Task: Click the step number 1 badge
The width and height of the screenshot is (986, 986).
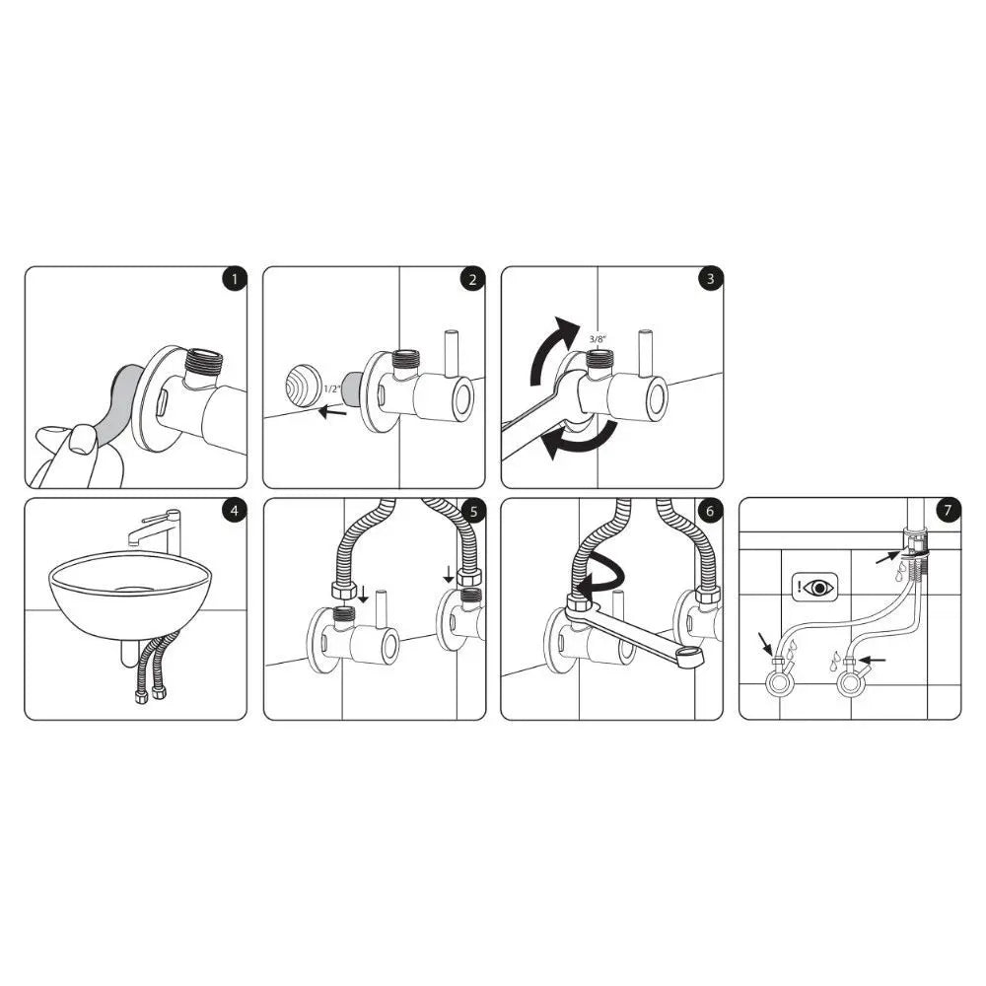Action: (x=234, y=279)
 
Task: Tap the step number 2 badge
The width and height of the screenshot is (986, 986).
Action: (x=472, y=279)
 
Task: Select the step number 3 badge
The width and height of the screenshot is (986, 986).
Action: (x=710, y=279)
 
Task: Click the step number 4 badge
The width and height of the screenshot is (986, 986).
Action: (x=234, y=511)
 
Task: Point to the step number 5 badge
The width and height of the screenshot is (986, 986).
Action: (x=472, y=511)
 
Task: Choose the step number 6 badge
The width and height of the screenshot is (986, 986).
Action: (x=710, y=511)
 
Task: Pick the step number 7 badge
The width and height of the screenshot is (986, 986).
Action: (x=948, y=511)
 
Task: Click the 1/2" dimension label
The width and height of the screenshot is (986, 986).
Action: (x=333, y=389)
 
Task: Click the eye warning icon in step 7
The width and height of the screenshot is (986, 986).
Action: (x=815, y=588)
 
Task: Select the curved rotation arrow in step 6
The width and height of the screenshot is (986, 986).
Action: (x=601, y=577)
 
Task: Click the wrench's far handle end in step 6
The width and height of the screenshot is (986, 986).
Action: (x=691, y=659)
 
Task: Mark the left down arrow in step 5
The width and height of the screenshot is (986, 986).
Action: (x=363, y=595)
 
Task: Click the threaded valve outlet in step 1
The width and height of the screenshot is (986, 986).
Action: (x=203, y=358)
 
